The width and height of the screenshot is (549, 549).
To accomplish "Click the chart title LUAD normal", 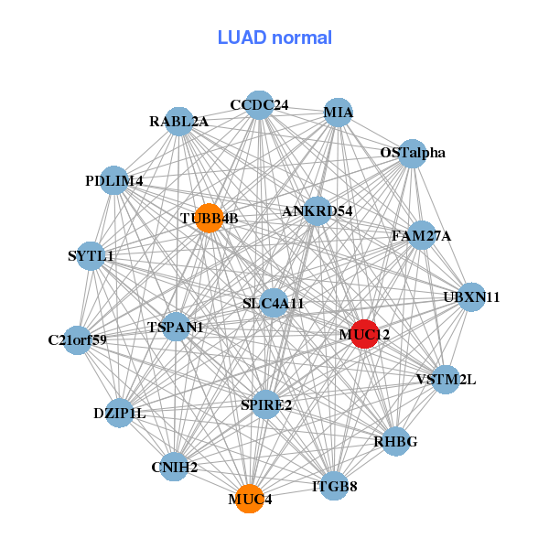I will (274, 38).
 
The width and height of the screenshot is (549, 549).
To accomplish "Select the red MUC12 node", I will (365, 334).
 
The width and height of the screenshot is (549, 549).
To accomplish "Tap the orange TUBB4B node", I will (210, 218).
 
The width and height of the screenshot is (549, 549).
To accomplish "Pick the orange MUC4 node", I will (249, 499).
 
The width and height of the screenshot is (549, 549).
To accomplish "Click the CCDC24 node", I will (259, 105).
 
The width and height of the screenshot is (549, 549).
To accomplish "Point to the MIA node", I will (339, 113).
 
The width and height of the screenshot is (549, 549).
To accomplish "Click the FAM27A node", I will (421, 236).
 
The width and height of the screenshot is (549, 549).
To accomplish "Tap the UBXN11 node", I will (470, 297).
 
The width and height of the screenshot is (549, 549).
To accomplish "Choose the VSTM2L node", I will (446, 379).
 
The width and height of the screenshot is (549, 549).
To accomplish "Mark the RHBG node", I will (395, 442).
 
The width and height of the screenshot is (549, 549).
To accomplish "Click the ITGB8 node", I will (334, 486).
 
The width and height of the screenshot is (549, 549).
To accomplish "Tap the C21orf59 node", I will (78, 340).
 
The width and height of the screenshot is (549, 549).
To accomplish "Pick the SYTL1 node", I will (91, 256).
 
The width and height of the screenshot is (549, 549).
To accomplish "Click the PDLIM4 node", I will (114, 181).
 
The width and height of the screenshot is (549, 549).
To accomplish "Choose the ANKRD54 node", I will (318, 211).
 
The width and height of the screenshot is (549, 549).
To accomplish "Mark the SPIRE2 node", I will (265, 404).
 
